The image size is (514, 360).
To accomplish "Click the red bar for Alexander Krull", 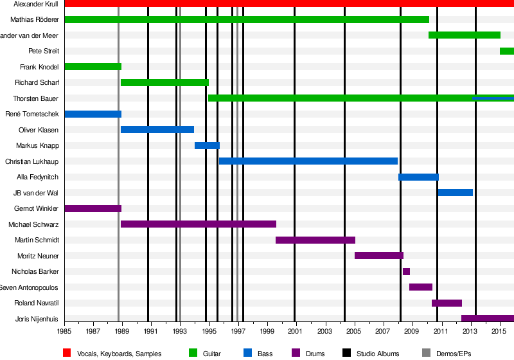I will tap(289, 4).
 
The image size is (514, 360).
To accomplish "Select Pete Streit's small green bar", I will tap(506, 51).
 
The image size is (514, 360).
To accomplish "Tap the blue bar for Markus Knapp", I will tap(207, 145).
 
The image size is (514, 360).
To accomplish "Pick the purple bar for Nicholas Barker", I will tap(406, 271).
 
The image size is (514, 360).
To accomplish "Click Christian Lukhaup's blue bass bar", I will tap(308, 161).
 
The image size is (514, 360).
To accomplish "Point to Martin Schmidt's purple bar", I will tap(315, 240).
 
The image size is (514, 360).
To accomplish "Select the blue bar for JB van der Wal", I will tap(455, 192).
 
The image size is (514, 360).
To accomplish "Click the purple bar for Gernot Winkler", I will tap(93, 208).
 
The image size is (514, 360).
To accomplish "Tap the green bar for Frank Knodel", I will tap(93, 67).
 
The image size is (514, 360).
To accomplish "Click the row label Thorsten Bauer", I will tap(36, 98).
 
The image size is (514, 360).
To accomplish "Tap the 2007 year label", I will tap(384, 331).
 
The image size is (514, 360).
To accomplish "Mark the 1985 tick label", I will tap(64, 331).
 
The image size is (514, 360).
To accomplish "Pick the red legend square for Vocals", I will tap(67, 353).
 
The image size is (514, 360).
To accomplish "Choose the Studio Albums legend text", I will tap(378, 354).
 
